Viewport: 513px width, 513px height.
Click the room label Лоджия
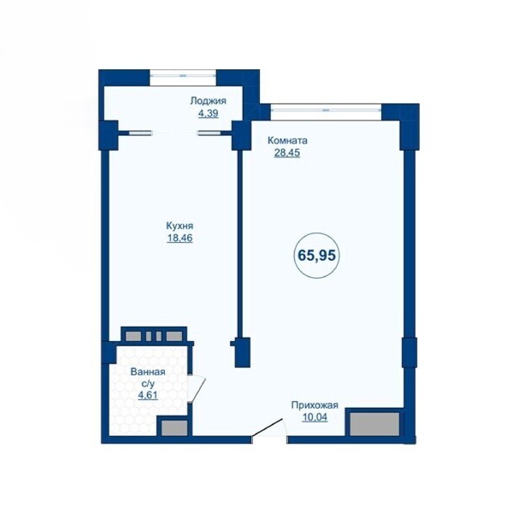coord(208,101)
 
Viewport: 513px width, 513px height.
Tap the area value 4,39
coord(208,114)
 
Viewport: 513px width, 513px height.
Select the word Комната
coord(287,141)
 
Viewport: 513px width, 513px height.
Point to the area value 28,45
coord(287,153)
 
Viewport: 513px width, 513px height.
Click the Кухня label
coord(180,226)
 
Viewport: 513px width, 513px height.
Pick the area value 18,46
coord(180,239)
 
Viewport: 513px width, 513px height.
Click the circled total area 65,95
coord(316,255)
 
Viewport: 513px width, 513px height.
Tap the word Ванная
coord(148,372)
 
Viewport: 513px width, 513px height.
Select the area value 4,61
coord(148,395)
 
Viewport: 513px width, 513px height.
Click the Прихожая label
coord(315,405)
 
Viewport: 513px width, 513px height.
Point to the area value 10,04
coord(315,417)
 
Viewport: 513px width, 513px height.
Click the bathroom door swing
coord(197,388)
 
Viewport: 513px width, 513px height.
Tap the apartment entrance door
coord(269,428)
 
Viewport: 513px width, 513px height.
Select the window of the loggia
coord(183,75)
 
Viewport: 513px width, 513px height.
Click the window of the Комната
coord(326,110)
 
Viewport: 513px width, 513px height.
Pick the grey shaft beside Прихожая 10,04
coord(375,424)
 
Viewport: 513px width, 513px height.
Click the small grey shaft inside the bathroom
coord(174,428)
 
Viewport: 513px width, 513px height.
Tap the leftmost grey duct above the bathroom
coord(133,336)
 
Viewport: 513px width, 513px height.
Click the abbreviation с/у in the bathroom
coord(148,384)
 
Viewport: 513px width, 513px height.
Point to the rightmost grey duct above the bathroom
coord(174,336)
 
